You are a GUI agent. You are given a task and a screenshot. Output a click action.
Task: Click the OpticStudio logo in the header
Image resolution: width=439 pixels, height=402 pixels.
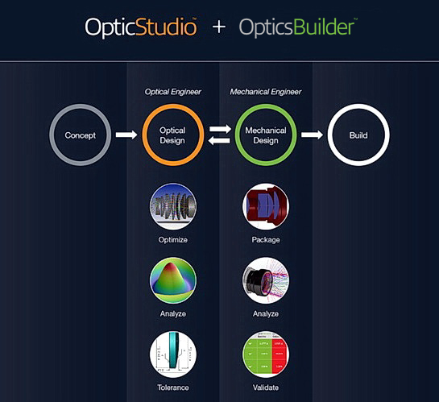point(140,27)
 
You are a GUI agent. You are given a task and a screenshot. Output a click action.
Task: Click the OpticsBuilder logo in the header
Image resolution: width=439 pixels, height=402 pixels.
point(298,27)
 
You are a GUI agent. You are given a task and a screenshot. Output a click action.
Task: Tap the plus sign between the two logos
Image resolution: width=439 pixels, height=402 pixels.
point(218,27)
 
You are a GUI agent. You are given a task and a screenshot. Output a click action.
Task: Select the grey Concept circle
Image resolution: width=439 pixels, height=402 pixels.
point(51,135)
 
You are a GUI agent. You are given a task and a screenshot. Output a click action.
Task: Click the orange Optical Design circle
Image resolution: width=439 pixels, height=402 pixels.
point(143,135)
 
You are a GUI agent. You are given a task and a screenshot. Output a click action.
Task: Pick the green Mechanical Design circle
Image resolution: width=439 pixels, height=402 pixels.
point(236,135)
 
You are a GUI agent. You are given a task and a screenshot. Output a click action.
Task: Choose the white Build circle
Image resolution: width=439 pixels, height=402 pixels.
point(329,135)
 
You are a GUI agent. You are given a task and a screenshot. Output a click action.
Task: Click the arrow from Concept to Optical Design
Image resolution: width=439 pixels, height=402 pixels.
point(126,135)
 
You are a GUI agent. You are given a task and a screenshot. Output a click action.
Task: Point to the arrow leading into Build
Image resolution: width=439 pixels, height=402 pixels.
point(313,135)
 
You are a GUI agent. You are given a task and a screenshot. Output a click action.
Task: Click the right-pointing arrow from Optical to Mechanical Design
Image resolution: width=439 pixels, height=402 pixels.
point(221,129)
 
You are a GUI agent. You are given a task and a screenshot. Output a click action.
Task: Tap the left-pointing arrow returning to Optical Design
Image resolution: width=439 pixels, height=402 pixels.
point(219,140)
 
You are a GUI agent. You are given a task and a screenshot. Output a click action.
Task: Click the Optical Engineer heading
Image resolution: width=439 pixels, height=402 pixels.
point(172,92)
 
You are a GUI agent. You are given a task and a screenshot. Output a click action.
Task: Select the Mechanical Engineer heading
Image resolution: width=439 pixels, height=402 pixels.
point(266,92)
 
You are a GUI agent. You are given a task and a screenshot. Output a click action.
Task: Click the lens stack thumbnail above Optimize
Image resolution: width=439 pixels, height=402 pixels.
point(173,206)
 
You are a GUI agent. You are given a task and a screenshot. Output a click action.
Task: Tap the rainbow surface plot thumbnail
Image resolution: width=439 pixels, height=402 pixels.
point(173,280)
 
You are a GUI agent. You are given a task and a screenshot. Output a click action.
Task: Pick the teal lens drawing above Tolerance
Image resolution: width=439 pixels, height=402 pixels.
point(173,354)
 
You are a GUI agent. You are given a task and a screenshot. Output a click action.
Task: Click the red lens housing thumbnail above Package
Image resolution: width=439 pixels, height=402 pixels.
point(266,206)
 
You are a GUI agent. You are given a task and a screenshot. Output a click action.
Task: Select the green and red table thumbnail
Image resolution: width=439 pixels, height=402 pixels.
point(266,354)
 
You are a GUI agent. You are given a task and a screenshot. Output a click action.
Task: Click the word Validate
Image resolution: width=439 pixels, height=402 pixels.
point(266,387)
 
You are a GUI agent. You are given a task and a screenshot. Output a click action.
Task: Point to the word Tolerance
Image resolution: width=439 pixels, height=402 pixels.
point(173,387)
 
